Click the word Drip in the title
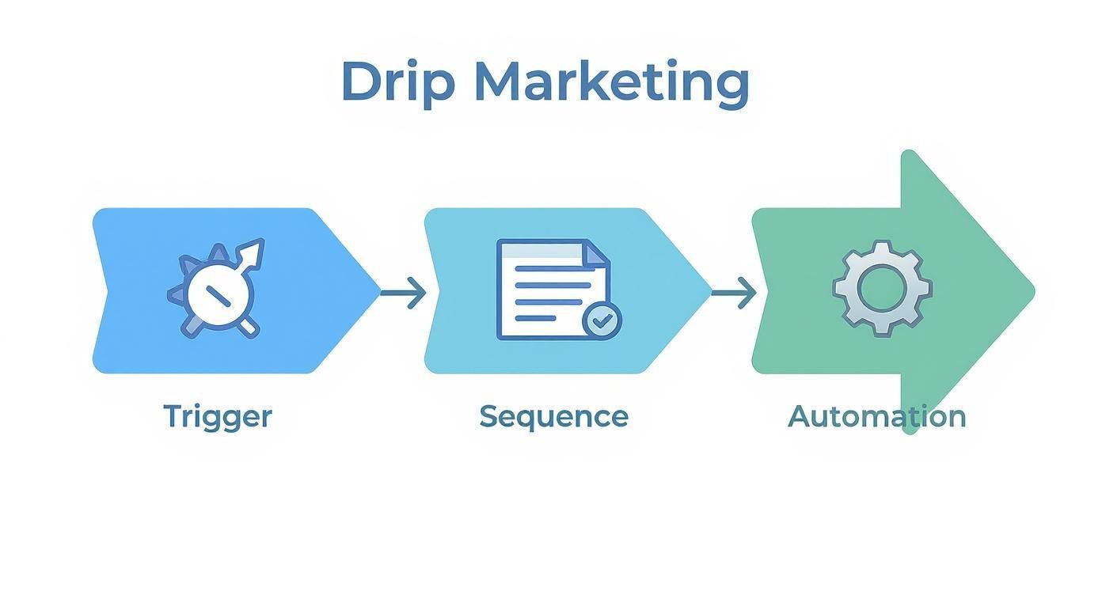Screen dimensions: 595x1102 397,82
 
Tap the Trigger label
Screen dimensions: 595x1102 218,416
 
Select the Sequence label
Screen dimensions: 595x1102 553,416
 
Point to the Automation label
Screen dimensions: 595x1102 876,416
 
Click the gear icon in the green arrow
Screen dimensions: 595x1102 882,289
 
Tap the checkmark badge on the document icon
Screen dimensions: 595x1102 602,320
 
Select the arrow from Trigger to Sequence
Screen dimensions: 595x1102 403,294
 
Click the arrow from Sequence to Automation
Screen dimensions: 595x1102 734,294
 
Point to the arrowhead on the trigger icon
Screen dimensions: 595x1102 253,252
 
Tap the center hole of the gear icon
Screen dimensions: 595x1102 882,289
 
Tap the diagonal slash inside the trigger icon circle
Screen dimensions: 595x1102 218,295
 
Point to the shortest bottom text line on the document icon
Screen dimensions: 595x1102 535,319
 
